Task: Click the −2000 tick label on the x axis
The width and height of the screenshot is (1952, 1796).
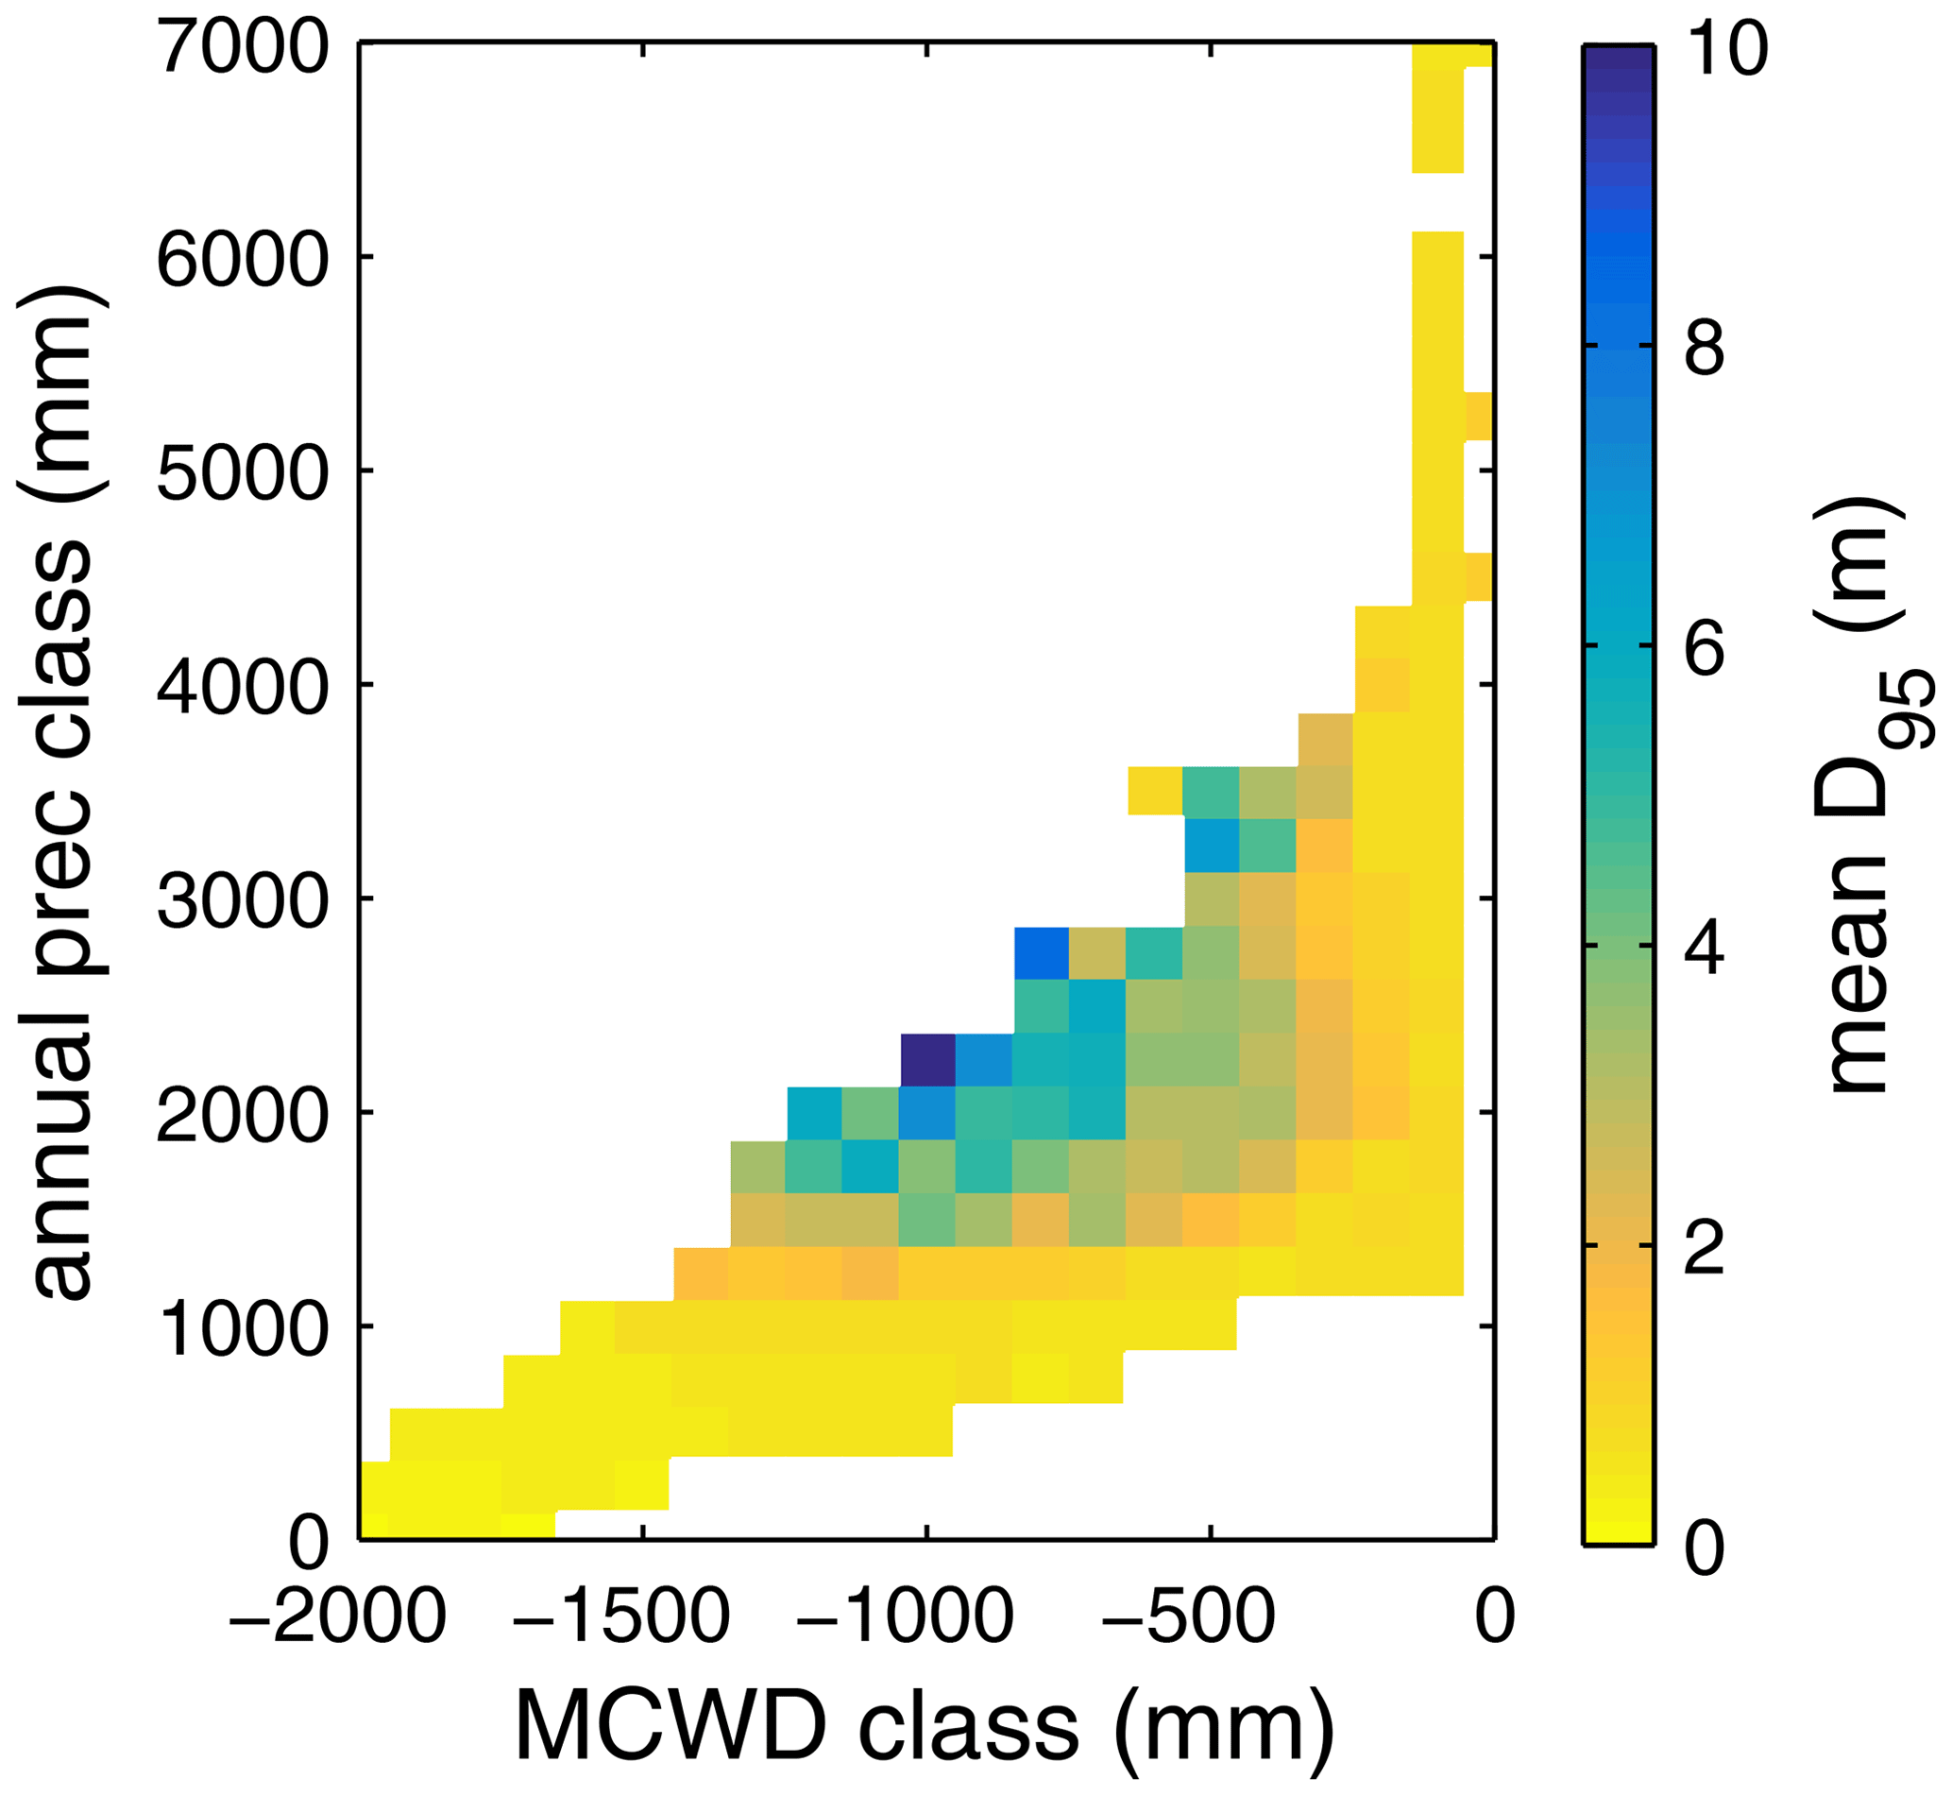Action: point(337,1618)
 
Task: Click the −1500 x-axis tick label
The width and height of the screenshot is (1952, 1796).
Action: point(621,1618)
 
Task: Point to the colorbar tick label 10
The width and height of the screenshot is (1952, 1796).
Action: point(1725,48)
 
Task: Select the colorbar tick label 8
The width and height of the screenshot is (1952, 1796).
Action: point(1706,348)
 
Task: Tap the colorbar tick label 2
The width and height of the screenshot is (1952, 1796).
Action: point(1706,1248)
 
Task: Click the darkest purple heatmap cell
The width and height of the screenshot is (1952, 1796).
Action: point(928,1060)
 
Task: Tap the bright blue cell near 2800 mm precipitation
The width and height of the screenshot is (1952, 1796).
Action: point(1042,953)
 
